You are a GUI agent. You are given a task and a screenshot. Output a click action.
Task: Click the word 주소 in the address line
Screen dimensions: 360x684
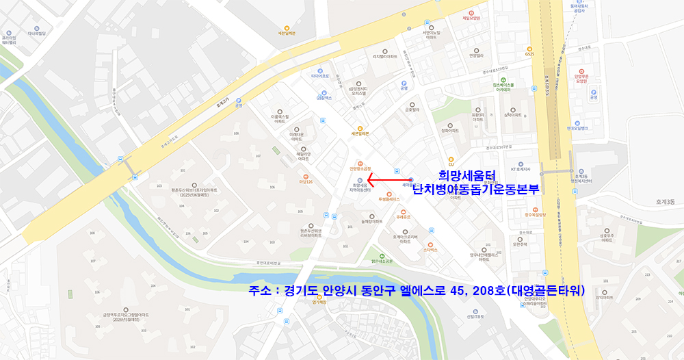pyautogui.click(x=261, y=290)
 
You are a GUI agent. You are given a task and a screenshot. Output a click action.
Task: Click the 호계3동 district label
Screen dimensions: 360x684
pyautogui.click(x=664, y=202)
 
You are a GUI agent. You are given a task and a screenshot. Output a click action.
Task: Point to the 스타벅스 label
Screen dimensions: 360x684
pyautogui.click(x=430, y=252)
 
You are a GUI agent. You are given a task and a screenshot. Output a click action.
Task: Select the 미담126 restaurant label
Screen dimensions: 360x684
pyautogui.click(x=305, y=181)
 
